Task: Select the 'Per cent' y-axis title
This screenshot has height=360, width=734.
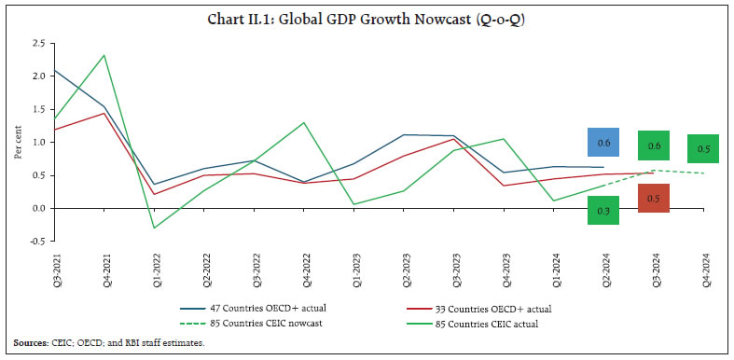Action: pyautogui.click(x=18, y=142)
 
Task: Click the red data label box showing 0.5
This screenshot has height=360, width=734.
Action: pyautogui.click(x=655, y=199)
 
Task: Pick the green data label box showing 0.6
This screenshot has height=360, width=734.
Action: pyautogui.click(x=655, y=145)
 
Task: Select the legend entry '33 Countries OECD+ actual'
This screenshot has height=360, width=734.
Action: pyautogui.click(x=490, y=305)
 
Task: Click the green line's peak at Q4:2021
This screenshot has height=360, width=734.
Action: pyautogui.click(x=103, y=55)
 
